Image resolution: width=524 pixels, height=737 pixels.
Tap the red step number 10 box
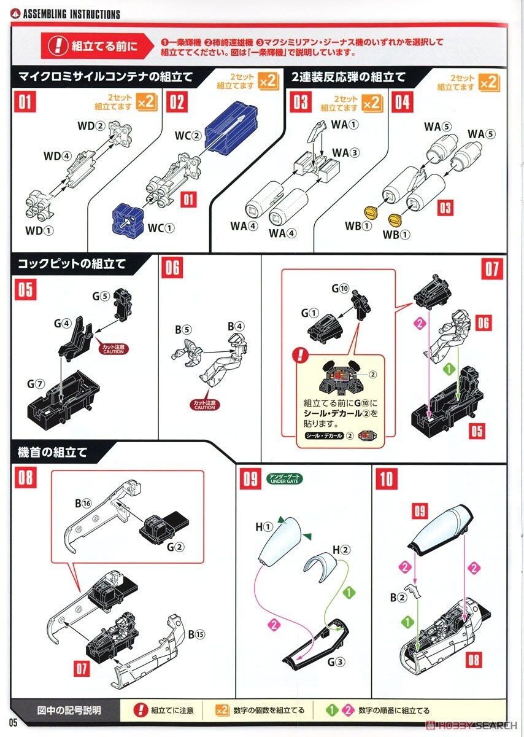(x=386, y=479)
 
